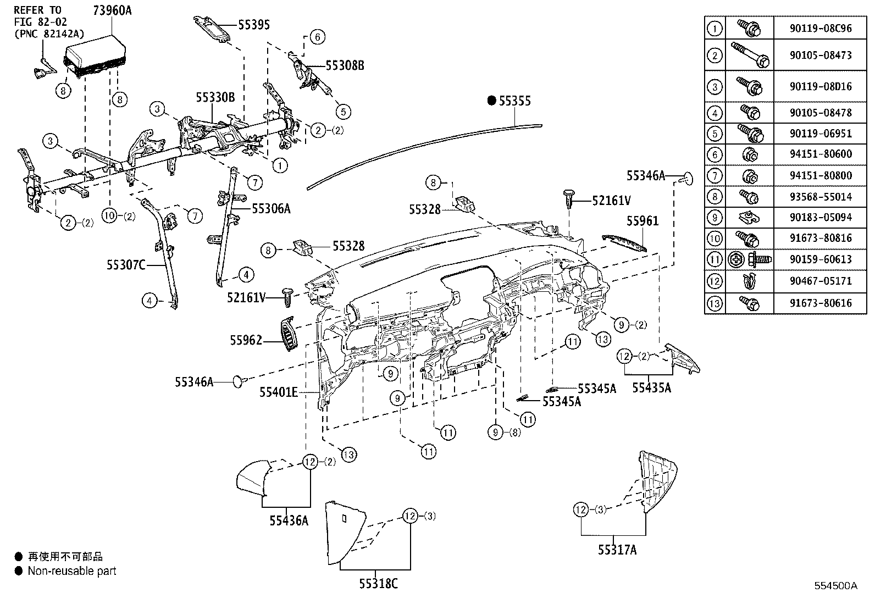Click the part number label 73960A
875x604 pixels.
(112, 10)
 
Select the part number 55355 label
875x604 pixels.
(515, 101)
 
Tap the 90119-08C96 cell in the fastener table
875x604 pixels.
(820, 28)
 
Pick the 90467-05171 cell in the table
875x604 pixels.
(820, 281)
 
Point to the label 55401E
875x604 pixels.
(279, 391)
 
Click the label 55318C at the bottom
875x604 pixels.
(379, 584)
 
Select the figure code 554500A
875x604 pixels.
(835, 585)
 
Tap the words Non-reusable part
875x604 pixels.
(72, 571)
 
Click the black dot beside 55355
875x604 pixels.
(492, 101)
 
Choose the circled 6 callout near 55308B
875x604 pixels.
(317, 37)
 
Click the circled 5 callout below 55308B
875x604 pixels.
(343, 112)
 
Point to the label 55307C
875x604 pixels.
(126, 265)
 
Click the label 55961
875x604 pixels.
(643, 221)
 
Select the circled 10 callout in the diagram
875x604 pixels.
(109, 215)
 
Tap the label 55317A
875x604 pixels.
(617, 550)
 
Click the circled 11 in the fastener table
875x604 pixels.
(715, 259)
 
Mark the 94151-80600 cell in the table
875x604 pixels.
(820, 154)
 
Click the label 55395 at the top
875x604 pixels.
(254, 25)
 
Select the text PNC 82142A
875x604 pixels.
(49, 34)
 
